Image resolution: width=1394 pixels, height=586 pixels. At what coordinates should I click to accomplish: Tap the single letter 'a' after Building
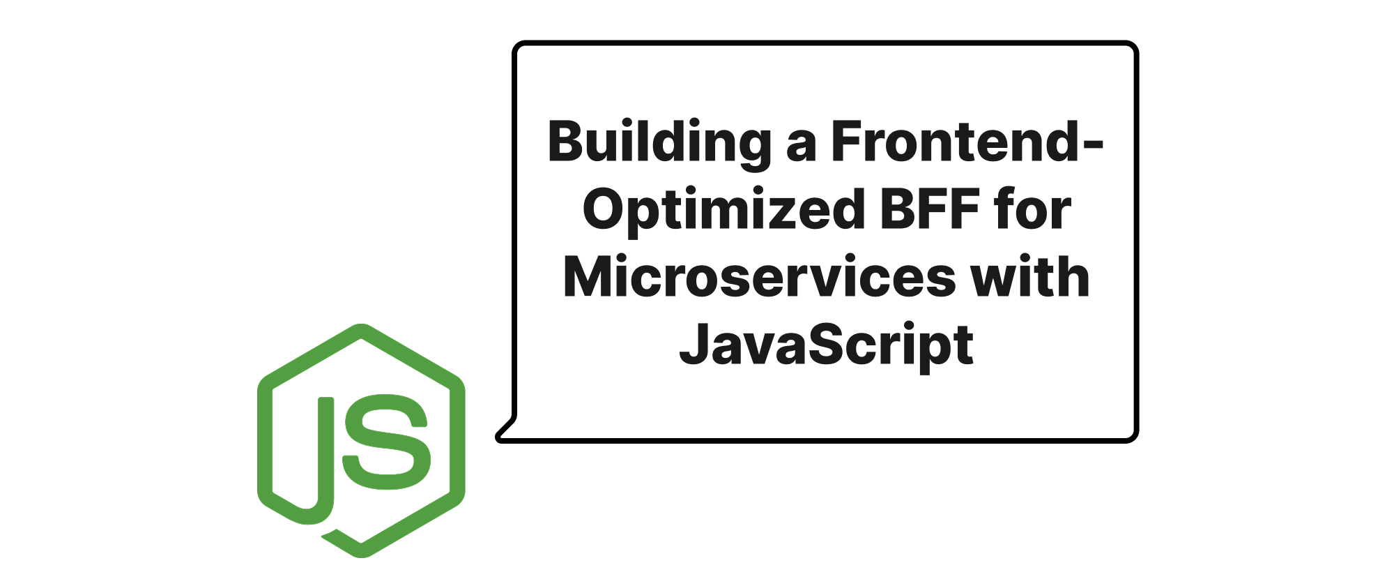click(801, 148)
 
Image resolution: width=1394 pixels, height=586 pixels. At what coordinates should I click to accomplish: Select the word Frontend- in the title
click(967, 142)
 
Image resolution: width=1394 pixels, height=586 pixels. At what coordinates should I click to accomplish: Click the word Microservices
click(759, 277)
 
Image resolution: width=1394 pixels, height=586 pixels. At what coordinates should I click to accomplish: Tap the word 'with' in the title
click(1030, 276)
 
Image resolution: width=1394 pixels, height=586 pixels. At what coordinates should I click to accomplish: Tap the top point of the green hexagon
click(361, 325)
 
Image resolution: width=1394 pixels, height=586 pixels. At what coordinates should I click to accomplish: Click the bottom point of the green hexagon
click(362, 556)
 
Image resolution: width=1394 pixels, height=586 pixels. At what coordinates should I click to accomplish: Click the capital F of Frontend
click(848, 142)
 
